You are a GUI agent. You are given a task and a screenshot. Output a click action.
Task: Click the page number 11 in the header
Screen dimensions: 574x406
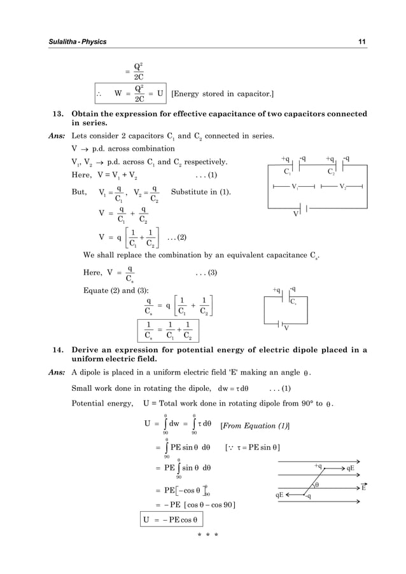[361, 42]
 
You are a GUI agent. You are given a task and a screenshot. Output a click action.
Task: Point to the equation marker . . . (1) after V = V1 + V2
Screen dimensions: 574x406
[206, 175]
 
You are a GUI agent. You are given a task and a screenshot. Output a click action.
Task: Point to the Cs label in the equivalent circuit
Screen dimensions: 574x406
[294, 303]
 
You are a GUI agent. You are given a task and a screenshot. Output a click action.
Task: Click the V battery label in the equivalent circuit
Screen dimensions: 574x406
[286, 328]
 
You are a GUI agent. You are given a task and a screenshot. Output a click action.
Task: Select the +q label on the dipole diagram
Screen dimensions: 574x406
[318, 466]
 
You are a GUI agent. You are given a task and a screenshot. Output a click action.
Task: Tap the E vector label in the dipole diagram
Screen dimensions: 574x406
[363, 488]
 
